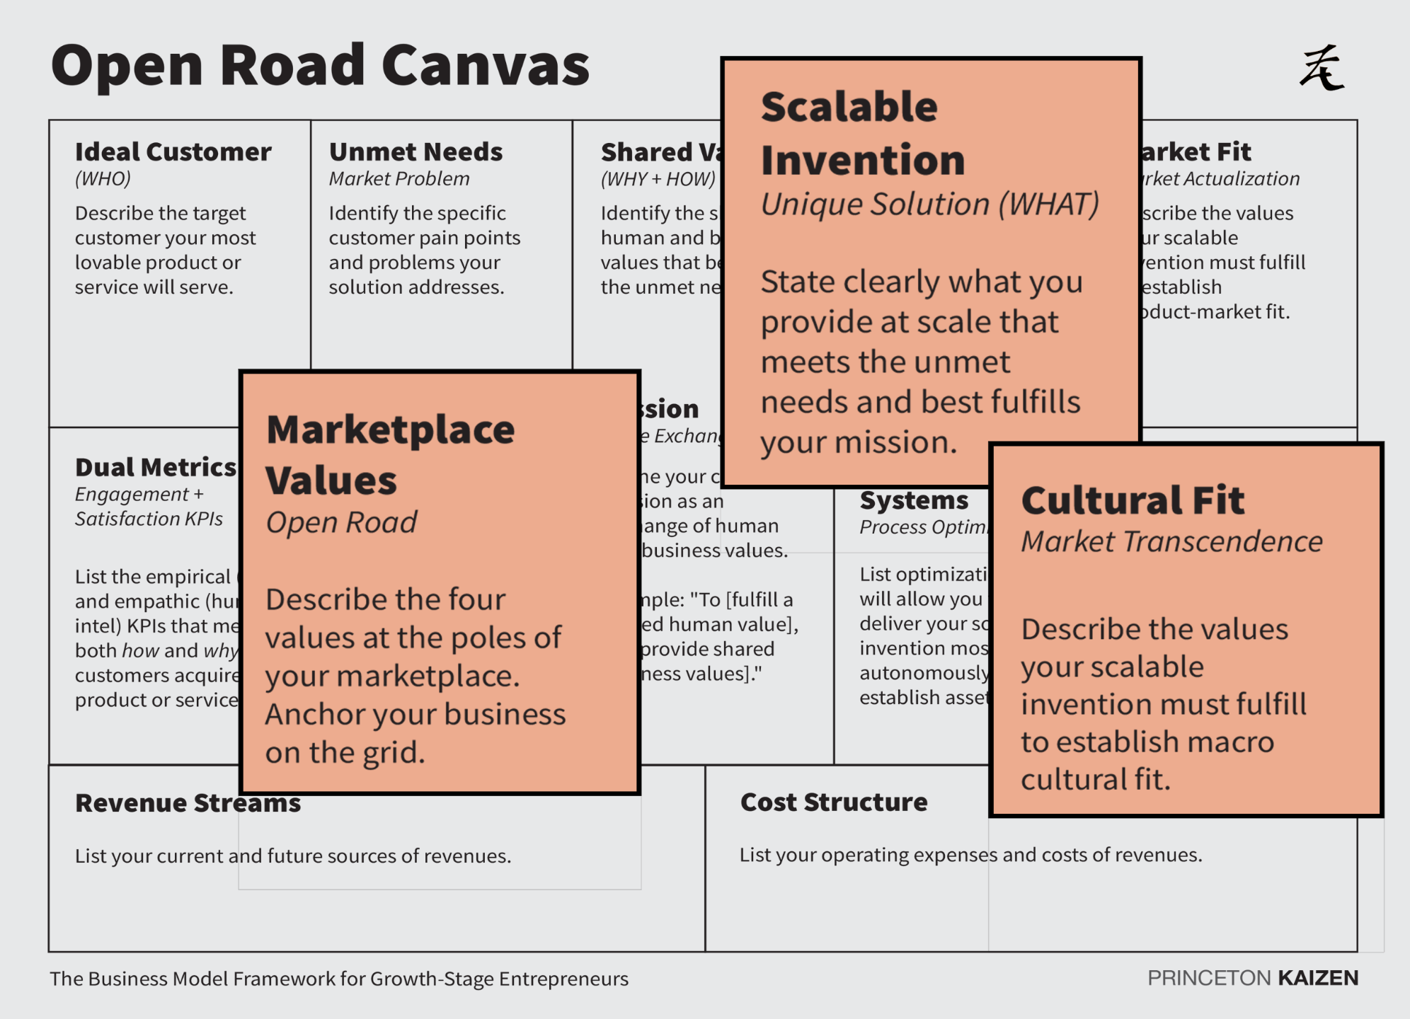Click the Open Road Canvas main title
320,65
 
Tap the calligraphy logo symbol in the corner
1321,68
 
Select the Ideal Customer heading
173,151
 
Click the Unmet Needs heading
415,151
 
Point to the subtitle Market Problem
399,179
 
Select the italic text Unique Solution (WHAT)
929,205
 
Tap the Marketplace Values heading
390,455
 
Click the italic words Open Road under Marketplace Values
341,523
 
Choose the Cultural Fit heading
1133,500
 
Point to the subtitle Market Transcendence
1171,542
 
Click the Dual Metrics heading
156,467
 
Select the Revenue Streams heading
188,803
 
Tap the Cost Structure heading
834,802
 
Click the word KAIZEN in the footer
1318,978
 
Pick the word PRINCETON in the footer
1209,978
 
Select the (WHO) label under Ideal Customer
103,179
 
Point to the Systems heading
914,500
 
